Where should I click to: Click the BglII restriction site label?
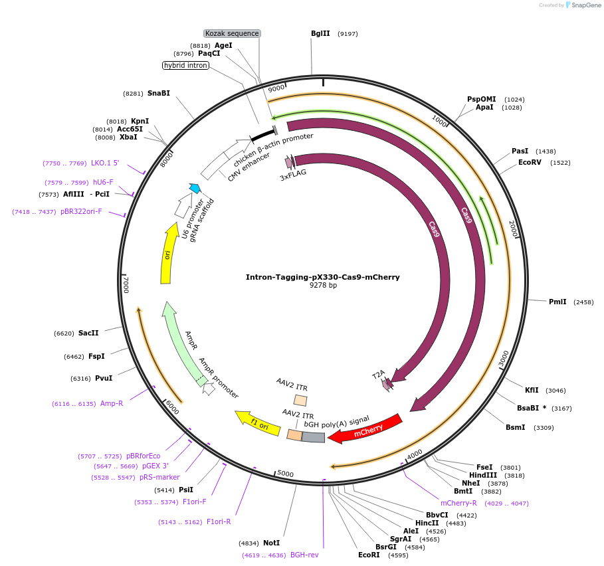320,33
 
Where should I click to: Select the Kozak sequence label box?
232,33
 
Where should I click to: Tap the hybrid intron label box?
186,65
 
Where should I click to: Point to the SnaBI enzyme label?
159,93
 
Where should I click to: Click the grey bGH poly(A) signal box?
314,436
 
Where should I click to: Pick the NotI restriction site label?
271,543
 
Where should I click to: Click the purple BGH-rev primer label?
304,555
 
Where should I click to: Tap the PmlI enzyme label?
557,302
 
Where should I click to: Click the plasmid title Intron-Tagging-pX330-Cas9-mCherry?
323,277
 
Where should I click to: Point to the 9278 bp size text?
323,286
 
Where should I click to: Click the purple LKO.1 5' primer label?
105,163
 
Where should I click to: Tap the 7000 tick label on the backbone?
126,284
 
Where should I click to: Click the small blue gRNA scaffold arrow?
195,189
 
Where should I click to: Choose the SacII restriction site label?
88,333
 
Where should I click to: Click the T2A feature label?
378,375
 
